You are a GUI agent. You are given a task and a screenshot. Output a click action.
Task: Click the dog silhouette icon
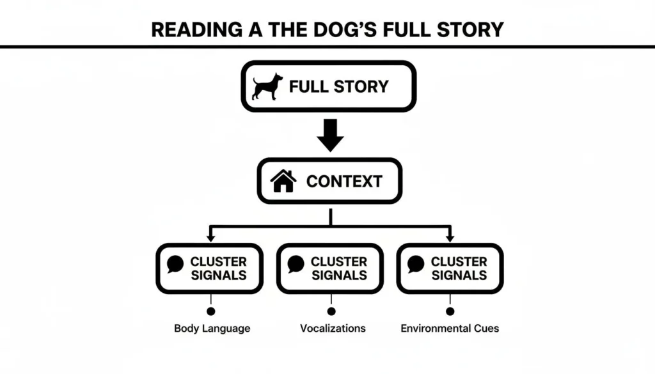click(x=267, y=86)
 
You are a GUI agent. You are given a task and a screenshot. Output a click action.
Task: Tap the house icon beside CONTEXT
click(x=283, y=181)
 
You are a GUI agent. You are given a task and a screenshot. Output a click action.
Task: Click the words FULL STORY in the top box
click(x=338, y=86)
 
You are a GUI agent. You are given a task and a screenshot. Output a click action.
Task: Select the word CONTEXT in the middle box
click(x=344, y=181)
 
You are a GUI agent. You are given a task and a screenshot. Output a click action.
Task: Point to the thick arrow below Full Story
click(x=330, y=136)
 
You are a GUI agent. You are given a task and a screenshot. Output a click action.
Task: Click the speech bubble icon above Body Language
click(x=175, y=263)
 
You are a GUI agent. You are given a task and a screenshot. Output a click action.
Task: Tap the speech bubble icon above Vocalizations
click(x=296, y=263)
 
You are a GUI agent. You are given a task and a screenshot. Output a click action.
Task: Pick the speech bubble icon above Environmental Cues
click(x=416, y=263)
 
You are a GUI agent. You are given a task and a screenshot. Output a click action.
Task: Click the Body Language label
click(x=212, y=329)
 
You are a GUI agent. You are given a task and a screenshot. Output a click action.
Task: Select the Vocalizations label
click(x=333, y=329)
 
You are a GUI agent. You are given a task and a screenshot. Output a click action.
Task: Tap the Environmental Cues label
click(x=450, y=329)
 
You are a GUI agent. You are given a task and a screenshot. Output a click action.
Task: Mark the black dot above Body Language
click(x=211, y=311)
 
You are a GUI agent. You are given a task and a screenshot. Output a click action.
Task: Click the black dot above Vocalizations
click(x=331, y=311)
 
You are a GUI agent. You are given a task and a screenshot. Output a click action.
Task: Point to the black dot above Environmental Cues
click(x=450, y=311)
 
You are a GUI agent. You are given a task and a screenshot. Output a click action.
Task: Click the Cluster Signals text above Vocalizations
click(x=339, y=269)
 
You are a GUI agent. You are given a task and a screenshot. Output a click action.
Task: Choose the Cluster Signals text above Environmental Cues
click(x=459, y=269)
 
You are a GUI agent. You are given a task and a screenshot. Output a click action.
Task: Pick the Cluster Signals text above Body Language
click(x=219, y=269)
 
